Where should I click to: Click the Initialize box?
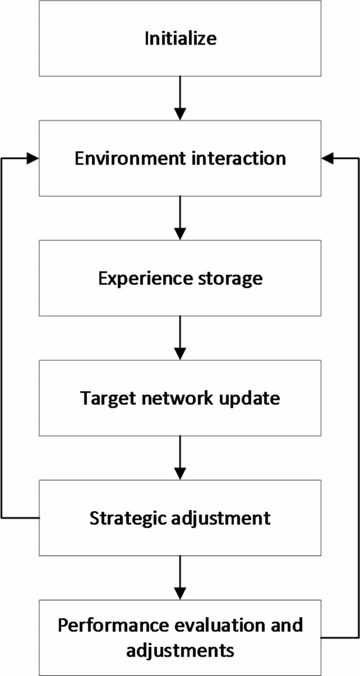[180, 38]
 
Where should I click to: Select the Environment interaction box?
[180, 158]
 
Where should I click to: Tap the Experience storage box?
[180, 278]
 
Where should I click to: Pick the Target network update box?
[180, 398]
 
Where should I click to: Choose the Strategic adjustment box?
[180, 517]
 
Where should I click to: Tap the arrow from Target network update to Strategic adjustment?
[180, 457]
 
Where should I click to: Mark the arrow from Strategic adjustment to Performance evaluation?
[180, 577]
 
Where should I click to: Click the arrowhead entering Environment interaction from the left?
[33, 158]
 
